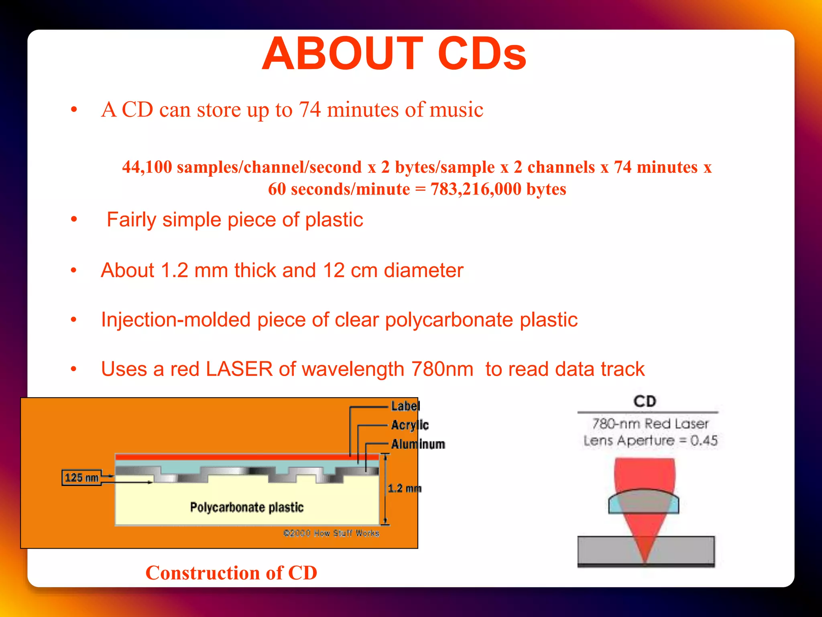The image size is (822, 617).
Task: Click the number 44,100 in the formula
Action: (147, 167)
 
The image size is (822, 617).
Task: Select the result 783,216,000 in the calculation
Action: (476, 189)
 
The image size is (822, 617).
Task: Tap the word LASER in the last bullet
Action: (239, 369)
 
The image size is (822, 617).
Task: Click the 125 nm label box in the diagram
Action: (81, 478)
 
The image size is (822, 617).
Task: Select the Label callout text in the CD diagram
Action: (405, 406)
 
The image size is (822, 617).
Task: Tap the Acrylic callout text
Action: (410, 425)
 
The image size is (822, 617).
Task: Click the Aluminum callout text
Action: (418, 444)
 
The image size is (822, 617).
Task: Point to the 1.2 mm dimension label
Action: (404, 488)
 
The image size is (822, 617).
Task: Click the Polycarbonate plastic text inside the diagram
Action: (246, 507)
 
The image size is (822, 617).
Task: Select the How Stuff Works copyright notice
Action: (331, 533)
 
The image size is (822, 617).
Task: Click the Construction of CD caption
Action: (231, 573)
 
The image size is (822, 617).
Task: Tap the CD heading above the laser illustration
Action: (645, 401)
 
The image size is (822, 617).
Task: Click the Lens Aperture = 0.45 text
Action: (650, 441)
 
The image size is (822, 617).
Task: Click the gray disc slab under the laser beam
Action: (602, 550)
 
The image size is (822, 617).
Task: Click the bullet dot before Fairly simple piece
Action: (74, 220)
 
